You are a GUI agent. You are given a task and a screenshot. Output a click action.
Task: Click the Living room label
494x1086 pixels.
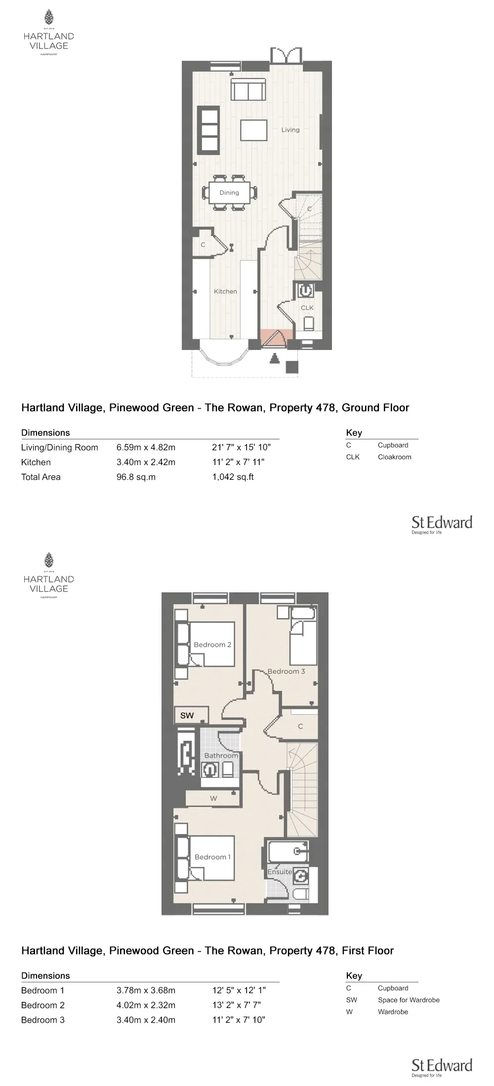click(290, 130)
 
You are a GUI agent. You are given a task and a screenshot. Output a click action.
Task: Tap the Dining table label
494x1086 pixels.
click(229, 193)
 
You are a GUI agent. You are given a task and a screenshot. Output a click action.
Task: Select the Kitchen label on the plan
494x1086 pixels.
click(225, 291)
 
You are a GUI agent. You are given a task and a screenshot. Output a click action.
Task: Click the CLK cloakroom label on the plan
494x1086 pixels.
click(307, 308)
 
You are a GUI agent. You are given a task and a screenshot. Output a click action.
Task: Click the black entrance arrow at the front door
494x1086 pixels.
click(275, 359)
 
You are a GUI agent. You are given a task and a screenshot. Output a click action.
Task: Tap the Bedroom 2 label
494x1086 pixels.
click(212, 645)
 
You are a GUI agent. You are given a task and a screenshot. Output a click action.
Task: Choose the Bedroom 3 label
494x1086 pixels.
click(287, 671)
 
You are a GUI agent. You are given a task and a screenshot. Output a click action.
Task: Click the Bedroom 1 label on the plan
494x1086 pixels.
click(212, 857)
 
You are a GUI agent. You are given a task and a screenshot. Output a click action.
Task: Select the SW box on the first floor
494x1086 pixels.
click(191, 715)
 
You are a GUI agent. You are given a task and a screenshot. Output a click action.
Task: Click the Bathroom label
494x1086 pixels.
click(221, 756)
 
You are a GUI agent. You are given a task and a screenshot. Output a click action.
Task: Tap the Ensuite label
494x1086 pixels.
click(280, 872)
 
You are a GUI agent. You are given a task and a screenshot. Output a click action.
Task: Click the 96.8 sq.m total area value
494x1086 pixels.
click(136, 477)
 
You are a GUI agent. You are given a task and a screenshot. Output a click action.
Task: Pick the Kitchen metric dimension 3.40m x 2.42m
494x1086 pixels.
click(146, 462)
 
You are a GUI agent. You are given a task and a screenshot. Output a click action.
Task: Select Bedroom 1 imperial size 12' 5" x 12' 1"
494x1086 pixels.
click(239, 990)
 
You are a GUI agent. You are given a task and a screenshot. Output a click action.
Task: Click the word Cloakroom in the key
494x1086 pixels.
click(395, 457)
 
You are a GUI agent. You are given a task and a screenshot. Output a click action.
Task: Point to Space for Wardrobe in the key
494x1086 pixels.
click(409, 1000)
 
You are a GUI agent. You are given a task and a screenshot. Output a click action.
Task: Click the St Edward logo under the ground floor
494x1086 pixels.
click(442, 525)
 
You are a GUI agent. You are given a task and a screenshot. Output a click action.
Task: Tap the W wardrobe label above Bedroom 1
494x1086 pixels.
click(213, 798)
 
